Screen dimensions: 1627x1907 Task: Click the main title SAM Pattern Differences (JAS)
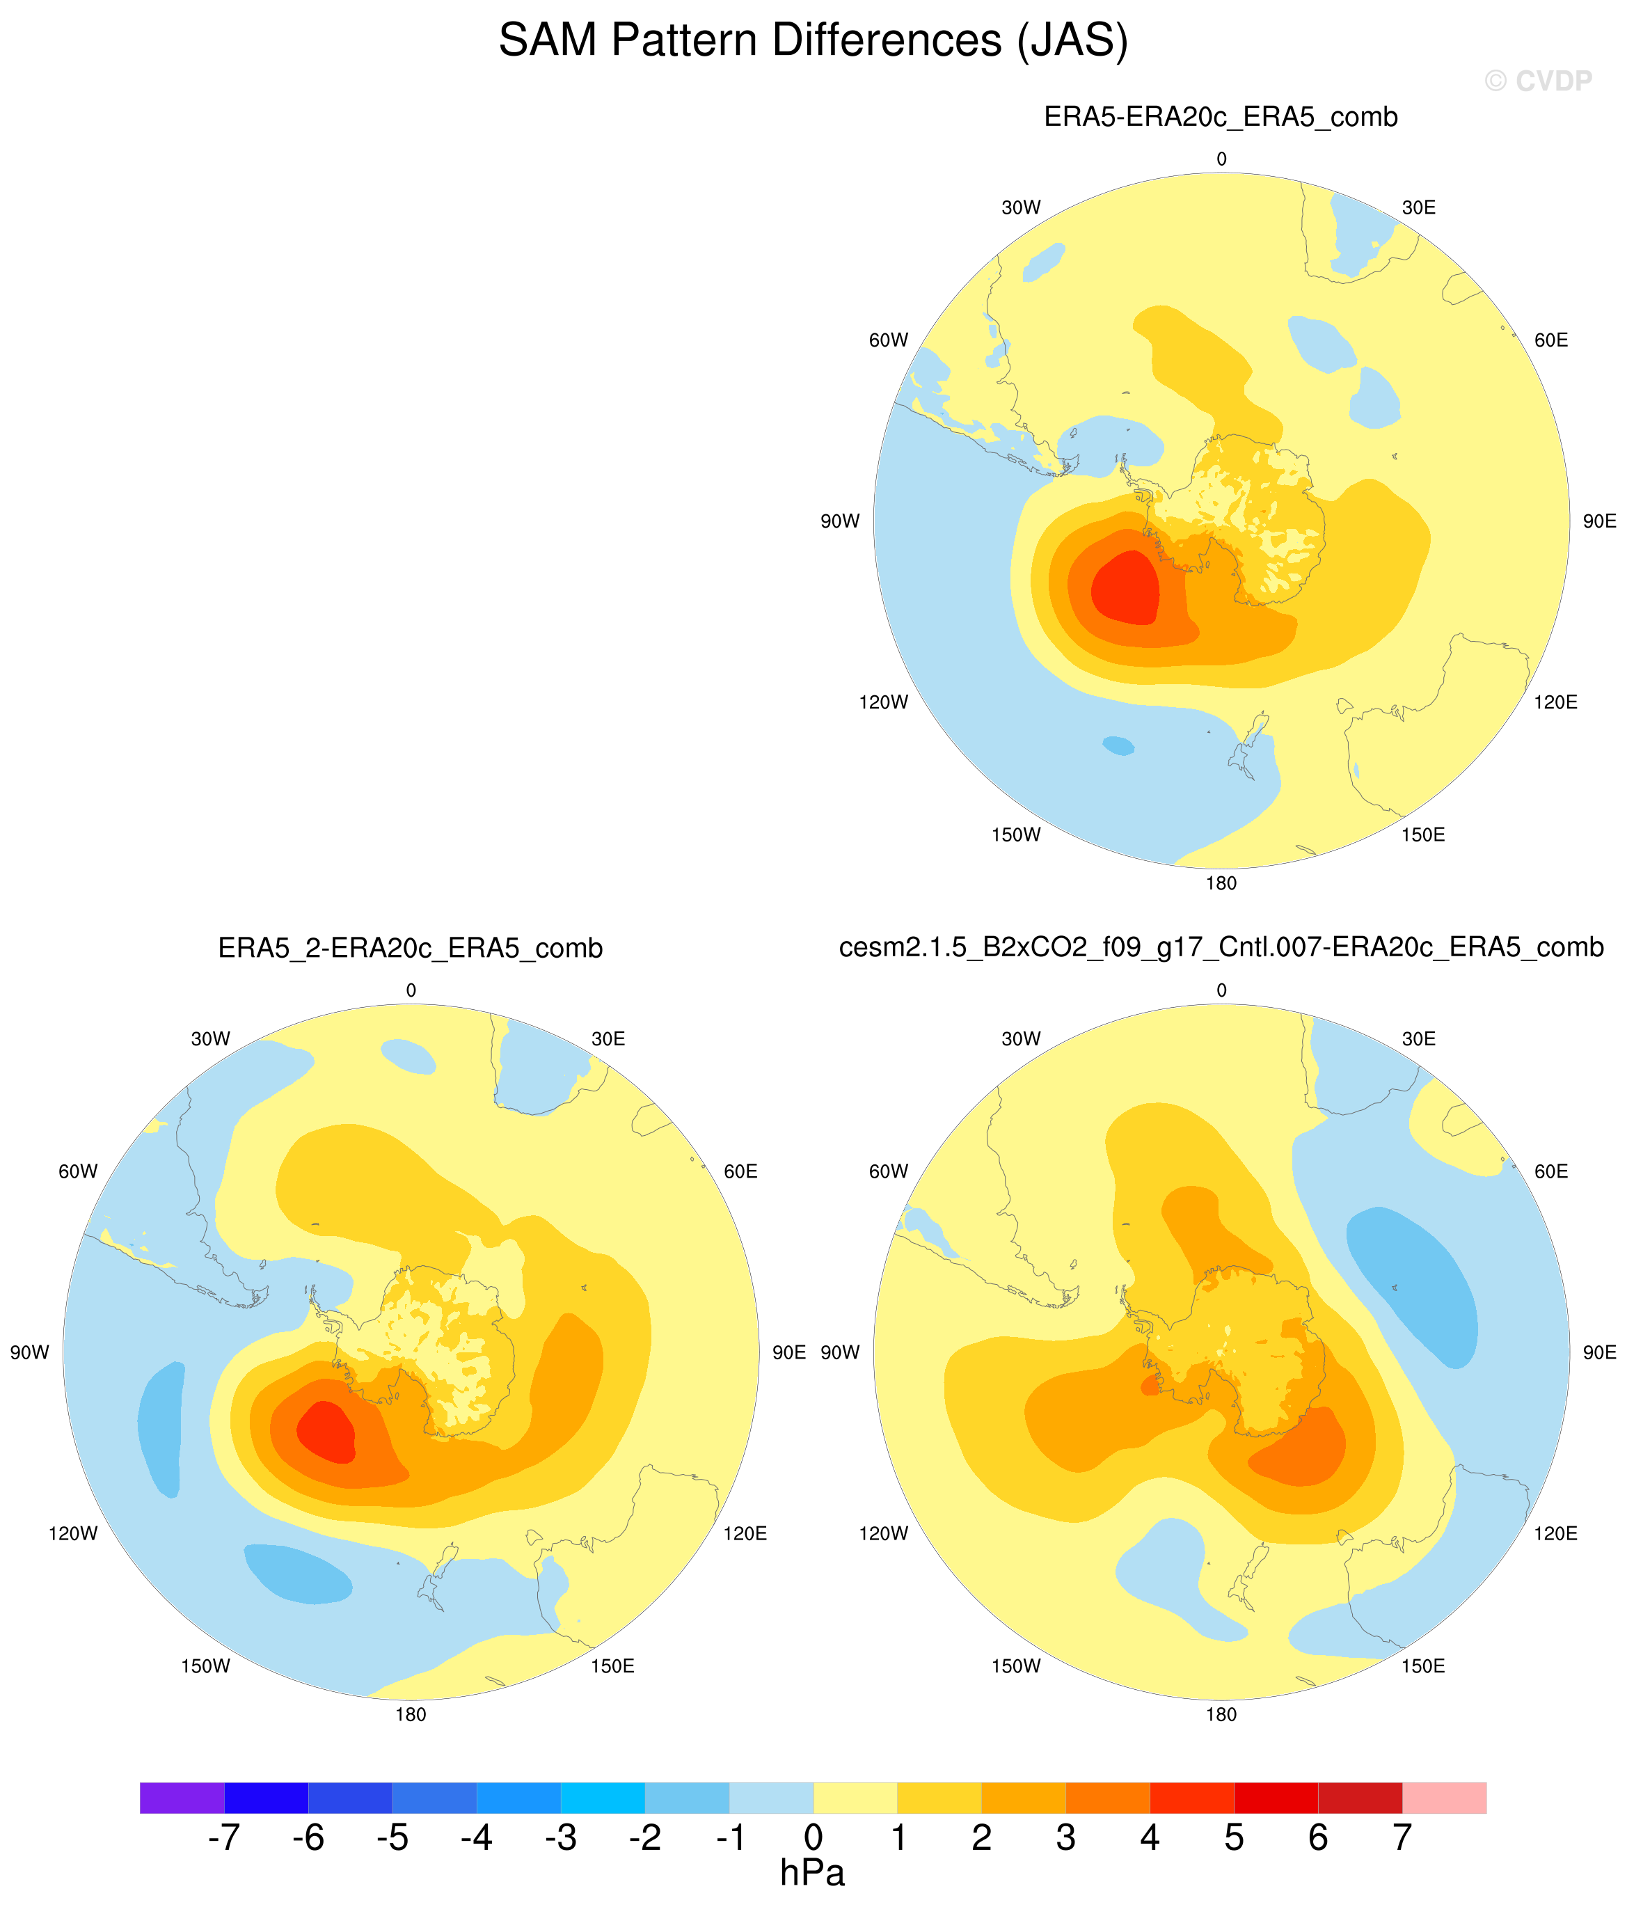click(814, 40)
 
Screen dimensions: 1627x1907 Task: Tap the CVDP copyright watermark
click(1538, 81)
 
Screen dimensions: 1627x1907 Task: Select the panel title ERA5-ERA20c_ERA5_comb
click(1221, 117)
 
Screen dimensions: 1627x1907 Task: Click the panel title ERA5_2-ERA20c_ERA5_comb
click(411, 948)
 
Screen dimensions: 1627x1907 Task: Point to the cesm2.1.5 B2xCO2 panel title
click(1221, 948)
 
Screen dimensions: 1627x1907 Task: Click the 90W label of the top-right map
click(839, 522)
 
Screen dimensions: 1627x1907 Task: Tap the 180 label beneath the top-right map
click(1221, 883)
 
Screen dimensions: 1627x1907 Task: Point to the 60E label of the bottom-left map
click(741, 1171)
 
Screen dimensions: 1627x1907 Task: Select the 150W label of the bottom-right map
click(1016, 1666)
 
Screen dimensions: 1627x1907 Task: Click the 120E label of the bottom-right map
click(1555, 1533)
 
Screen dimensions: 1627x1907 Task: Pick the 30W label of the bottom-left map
click(211, 1039)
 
